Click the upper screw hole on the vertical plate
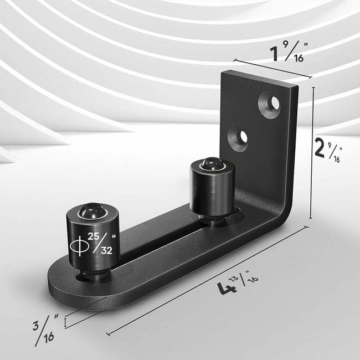pos(270,104)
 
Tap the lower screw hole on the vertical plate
pos(240,138)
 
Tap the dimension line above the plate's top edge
pos(272,69)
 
